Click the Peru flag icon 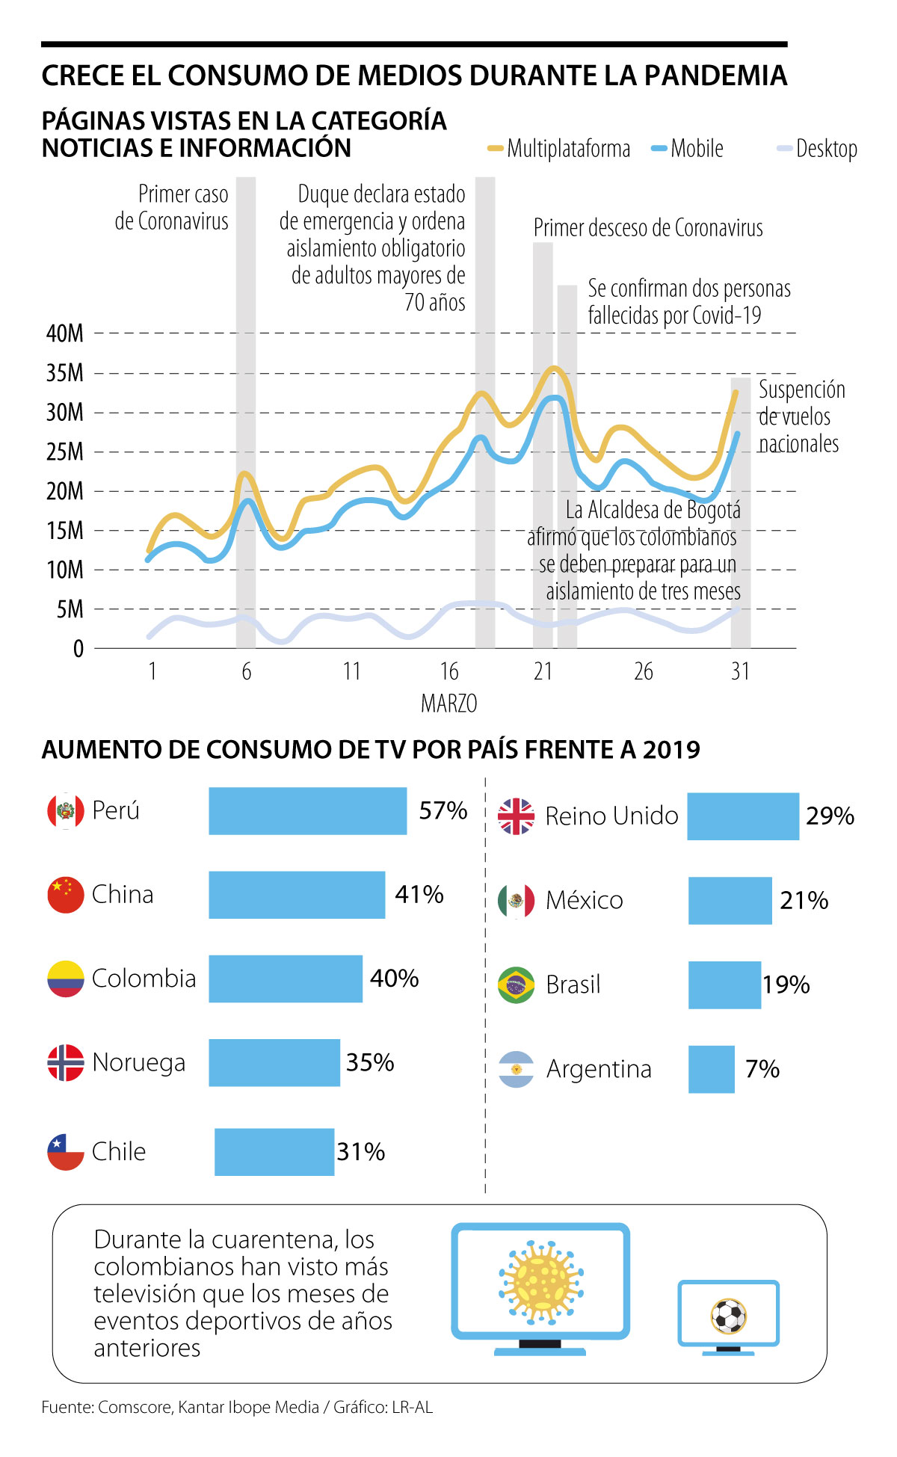66,811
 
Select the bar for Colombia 286,979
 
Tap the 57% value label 443,811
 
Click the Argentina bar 711,1069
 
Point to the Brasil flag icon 516,985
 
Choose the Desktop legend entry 818,149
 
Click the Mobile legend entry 688,149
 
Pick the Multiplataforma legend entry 559,149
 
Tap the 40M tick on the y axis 65,333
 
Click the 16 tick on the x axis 449,671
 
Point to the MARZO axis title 449,703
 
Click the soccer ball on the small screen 728,1316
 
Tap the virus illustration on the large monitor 540,1281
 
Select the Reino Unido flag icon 516,816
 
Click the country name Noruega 139,1062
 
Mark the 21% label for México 804,901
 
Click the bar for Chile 274,1152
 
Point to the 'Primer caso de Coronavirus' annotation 172,207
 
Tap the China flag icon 66,895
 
